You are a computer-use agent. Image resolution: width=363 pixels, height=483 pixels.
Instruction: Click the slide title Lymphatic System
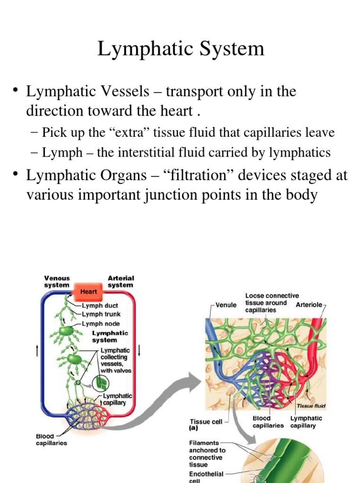click(x=181, y=49)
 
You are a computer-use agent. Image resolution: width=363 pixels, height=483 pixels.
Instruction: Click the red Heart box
click(x=88, y=291)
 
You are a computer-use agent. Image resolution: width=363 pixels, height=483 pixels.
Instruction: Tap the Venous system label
click(x=57, y=282)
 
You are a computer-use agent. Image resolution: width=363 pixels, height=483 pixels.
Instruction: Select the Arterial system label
click(x=121, y=282)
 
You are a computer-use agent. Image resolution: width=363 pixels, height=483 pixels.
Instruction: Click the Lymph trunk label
click(x=101, y=314)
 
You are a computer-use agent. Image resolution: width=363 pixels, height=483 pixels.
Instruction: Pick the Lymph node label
click(x=101, y=324)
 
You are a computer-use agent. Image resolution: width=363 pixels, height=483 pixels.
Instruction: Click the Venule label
click(x=226, y=305)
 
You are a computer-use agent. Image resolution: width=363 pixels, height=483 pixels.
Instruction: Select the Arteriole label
click(x=309, y=305)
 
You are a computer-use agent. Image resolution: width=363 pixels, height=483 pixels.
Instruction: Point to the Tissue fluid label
click(x=311, y=406)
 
